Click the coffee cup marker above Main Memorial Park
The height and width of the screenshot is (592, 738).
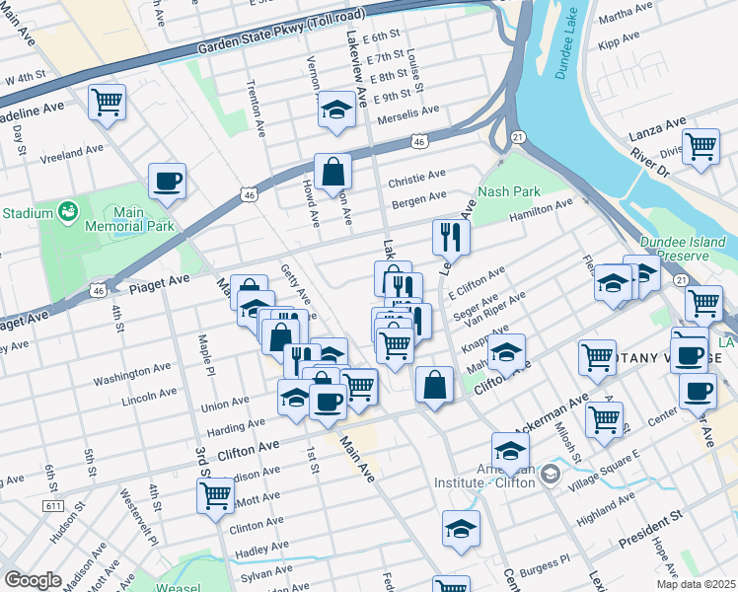167,182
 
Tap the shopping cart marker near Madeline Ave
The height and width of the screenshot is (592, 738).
107,102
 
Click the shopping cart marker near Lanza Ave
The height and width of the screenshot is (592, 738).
701,146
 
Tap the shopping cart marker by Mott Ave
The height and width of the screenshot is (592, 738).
215,496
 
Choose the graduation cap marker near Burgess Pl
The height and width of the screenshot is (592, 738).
461,529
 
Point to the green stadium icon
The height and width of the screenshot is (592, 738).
68,211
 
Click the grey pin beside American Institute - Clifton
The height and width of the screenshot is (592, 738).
550,476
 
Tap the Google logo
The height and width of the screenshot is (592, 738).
33,580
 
